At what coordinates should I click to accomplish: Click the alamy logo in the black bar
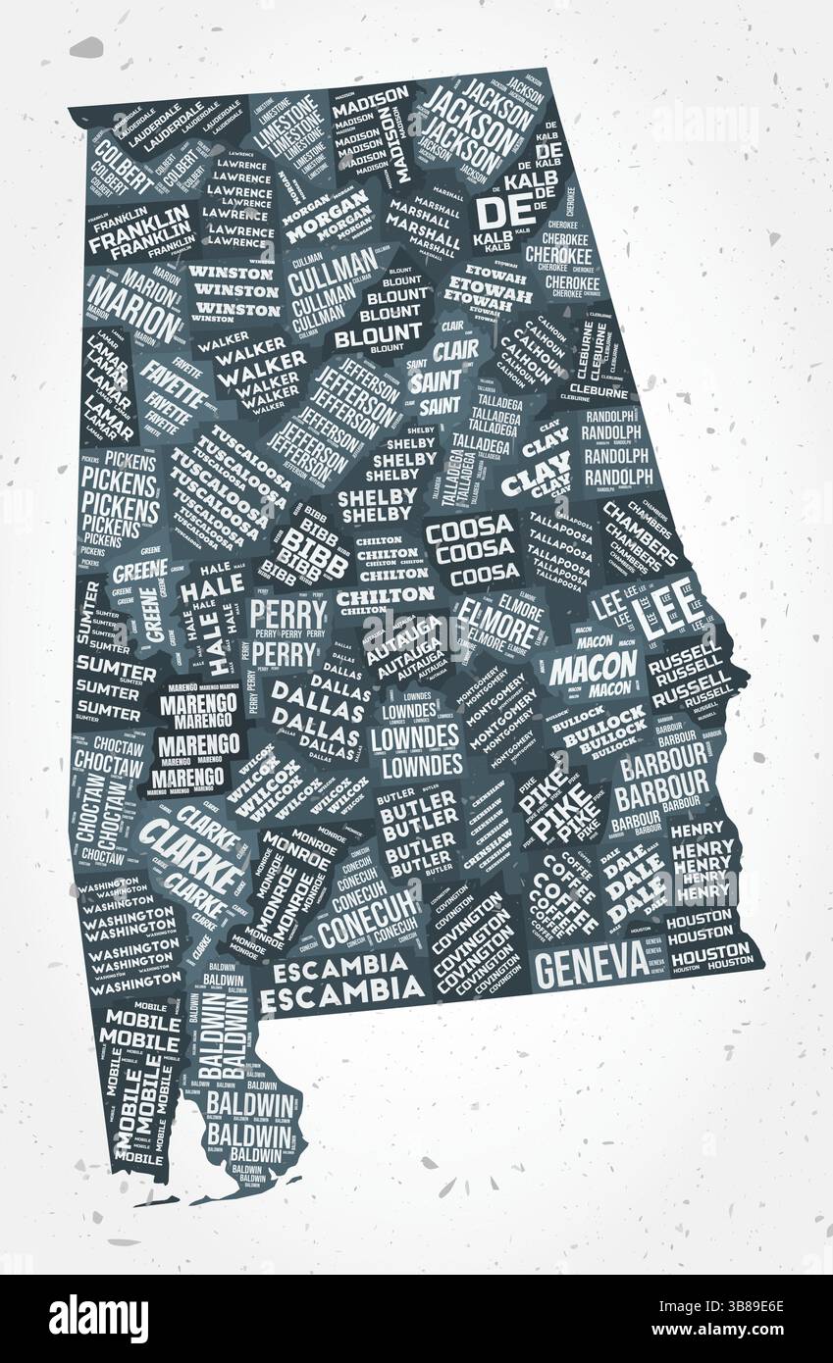click(x=98, y=1319)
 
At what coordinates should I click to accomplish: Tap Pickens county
click(x=120, y=500)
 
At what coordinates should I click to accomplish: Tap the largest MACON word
click(x=593, y=668)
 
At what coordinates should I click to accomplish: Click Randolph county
click(x=617, y=453)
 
